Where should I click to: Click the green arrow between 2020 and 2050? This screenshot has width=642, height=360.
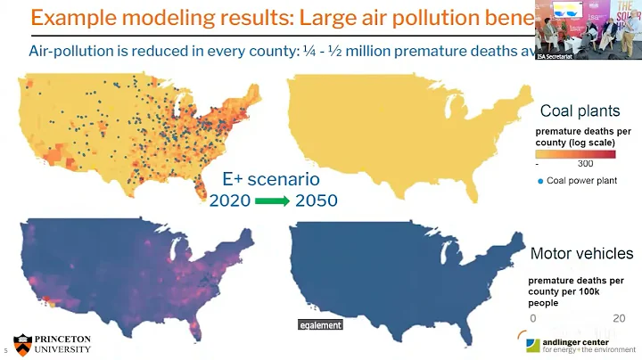pyautogui.click(x=271, y=200)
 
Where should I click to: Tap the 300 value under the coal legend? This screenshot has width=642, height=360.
pyautogui.click(x=585, y=164)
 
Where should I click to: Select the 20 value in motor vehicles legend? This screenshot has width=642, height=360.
pyautogui.click(x=618, y=317)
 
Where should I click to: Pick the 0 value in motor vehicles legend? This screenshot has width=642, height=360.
pyautogui.click(x=533, y=317)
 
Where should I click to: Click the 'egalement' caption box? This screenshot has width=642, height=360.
pyautogui.click(x=320, y=325)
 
